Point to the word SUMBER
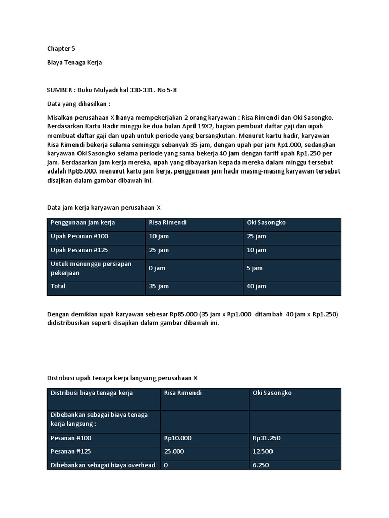coord(60,90)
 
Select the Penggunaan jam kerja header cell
coord(83,223)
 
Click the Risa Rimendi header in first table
coord(168,223)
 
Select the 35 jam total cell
coord(159,286)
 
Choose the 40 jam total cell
coord(256,286)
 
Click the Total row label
coord(58,286)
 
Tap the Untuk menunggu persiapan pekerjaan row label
coord(91,268)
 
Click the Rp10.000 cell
coord(178,438)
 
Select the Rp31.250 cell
coord(266,438)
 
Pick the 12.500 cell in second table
coord(263,451)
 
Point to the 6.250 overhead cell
coord(261,465)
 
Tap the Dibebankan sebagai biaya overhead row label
coord(103,465)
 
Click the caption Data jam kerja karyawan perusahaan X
coord(103,207)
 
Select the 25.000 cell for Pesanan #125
coord(174,451)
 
